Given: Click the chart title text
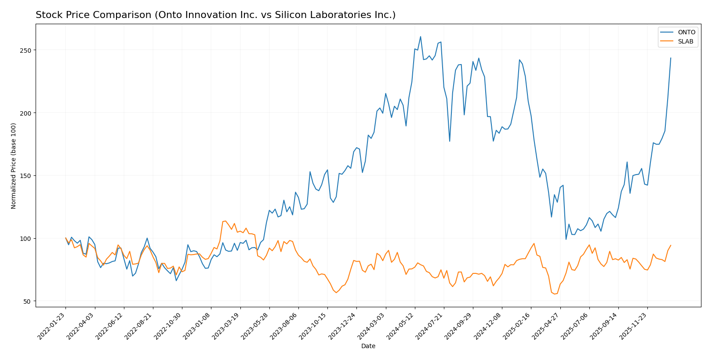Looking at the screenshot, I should coord(215,15).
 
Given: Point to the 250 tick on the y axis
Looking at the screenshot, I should coord(27,50).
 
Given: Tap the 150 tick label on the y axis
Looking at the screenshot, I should coord(27,176).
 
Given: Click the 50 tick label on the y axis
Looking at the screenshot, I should coord(29,302).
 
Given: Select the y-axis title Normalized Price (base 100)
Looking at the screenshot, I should coord(14,166).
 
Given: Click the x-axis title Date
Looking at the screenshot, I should coord(368,346).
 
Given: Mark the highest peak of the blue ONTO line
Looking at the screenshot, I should coord(420,36).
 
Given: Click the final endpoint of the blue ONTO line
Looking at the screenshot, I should coord(671,58).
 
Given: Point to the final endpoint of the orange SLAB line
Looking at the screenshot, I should coord(671,245).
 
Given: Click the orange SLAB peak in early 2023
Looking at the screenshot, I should coord(225,221).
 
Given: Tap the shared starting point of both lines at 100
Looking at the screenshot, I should coord(66,238).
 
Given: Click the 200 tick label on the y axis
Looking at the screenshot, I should coord(27,113).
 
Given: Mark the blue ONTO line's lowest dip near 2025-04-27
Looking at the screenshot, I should coord(566,239).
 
